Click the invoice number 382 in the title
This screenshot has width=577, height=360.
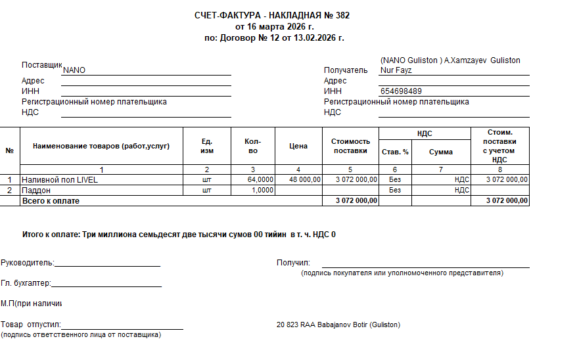342,15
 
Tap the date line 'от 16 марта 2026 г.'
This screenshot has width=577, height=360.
275,26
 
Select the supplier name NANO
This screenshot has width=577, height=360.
74,70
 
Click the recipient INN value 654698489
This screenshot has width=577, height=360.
401,91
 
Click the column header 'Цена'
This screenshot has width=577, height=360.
298,146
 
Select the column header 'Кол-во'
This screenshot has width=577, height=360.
253,146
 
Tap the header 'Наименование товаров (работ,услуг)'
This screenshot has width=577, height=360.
101,146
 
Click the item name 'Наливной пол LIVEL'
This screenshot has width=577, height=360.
60,179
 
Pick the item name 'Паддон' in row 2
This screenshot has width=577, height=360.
36,190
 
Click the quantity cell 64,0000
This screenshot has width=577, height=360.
260,179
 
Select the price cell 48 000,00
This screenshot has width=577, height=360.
304,179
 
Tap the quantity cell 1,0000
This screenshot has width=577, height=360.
263,190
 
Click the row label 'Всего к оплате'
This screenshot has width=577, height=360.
51,200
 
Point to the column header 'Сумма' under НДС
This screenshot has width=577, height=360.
441,152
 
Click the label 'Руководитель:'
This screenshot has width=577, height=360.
27,263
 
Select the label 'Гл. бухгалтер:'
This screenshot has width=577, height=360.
26,284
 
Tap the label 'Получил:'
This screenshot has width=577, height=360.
293,263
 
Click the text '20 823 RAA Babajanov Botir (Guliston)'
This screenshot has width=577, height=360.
338,325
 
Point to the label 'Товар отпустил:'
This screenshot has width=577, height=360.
30,325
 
